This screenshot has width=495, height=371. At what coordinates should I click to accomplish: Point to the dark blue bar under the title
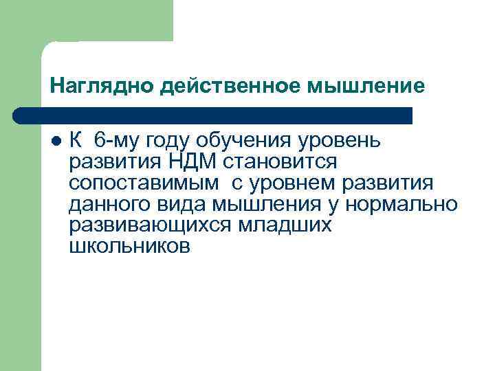(213, 115)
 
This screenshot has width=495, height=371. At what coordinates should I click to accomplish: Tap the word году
(170, 142)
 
